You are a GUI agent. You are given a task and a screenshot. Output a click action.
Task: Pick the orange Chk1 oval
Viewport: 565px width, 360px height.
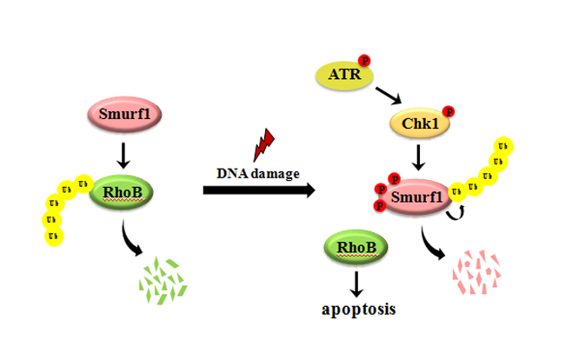pos(420,125)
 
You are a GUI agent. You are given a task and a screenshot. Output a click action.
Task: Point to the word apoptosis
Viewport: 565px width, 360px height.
pos(355,308)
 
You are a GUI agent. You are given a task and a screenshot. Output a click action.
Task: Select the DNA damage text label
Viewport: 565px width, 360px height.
pos(258,172)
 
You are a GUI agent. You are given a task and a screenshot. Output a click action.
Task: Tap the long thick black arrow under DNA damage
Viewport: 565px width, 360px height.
pos(258,190)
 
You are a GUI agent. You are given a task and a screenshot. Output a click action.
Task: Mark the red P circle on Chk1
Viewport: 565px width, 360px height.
pos(449,111)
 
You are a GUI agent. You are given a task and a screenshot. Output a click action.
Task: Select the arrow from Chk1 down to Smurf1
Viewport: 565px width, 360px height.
pos(420,157)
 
